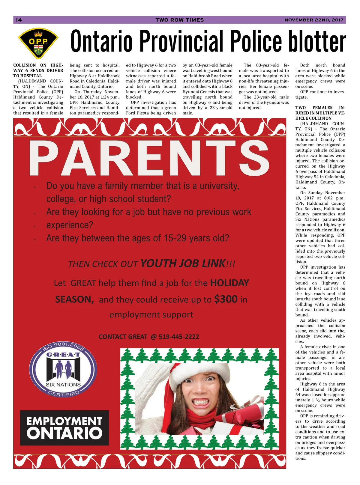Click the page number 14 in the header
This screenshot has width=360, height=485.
(x=19, y=20)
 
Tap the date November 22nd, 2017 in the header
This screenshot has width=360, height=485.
(x=314, y=20)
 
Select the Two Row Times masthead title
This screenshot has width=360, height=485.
(x=179, y=20)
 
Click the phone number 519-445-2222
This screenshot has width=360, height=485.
(x=179, y=337)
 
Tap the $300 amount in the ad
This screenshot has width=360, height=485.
(x=226, y=299)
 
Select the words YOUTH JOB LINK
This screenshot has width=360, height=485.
(x=183, y=263)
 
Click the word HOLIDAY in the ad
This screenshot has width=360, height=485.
(x=229, y=283)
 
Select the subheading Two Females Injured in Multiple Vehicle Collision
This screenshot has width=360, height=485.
(x=320, y=113)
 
